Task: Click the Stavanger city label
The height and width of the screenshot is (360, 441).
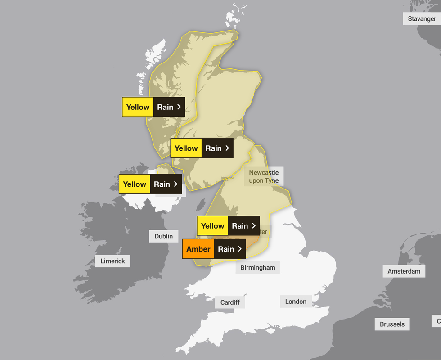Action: (422, 18)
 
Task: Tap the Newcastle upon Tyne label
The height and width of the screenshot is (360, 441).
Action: (264, 176)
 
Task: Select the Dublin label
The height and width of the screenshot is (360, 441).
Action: (163, 236)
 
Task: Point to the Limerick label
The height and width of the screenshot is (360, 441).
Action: (112, 261)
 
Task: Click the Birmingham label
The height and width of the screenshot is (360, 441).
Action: (257, 267)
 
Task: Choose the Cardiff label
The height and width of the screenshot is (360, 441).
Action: (230, 302)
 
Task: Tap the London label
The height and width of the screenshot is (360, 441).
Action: (296, 301)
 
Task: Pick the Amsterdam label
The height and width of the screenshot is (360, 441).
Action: (404, 271)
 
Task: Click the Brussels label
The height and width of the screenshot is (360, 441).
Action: (392, 324)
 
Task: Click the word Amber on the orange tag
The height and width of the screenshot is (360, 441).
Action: (198, 249)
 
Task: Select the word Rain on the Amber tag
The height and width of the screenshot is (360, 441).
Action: (226, 249)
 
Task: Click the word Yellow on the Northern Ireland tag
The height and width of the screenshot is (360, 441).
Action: (135, 184)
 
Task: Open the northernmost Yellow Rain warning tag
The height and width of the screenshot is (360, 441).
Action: (153, 107)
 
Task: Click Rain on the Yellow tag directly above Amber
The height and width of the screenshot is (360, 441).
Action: (240, 226)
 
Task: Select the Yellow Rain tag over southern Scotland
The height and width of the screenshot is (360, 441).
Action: (202, 148)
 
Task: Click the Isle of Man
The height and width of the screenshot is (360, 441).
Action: (199, 207)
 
